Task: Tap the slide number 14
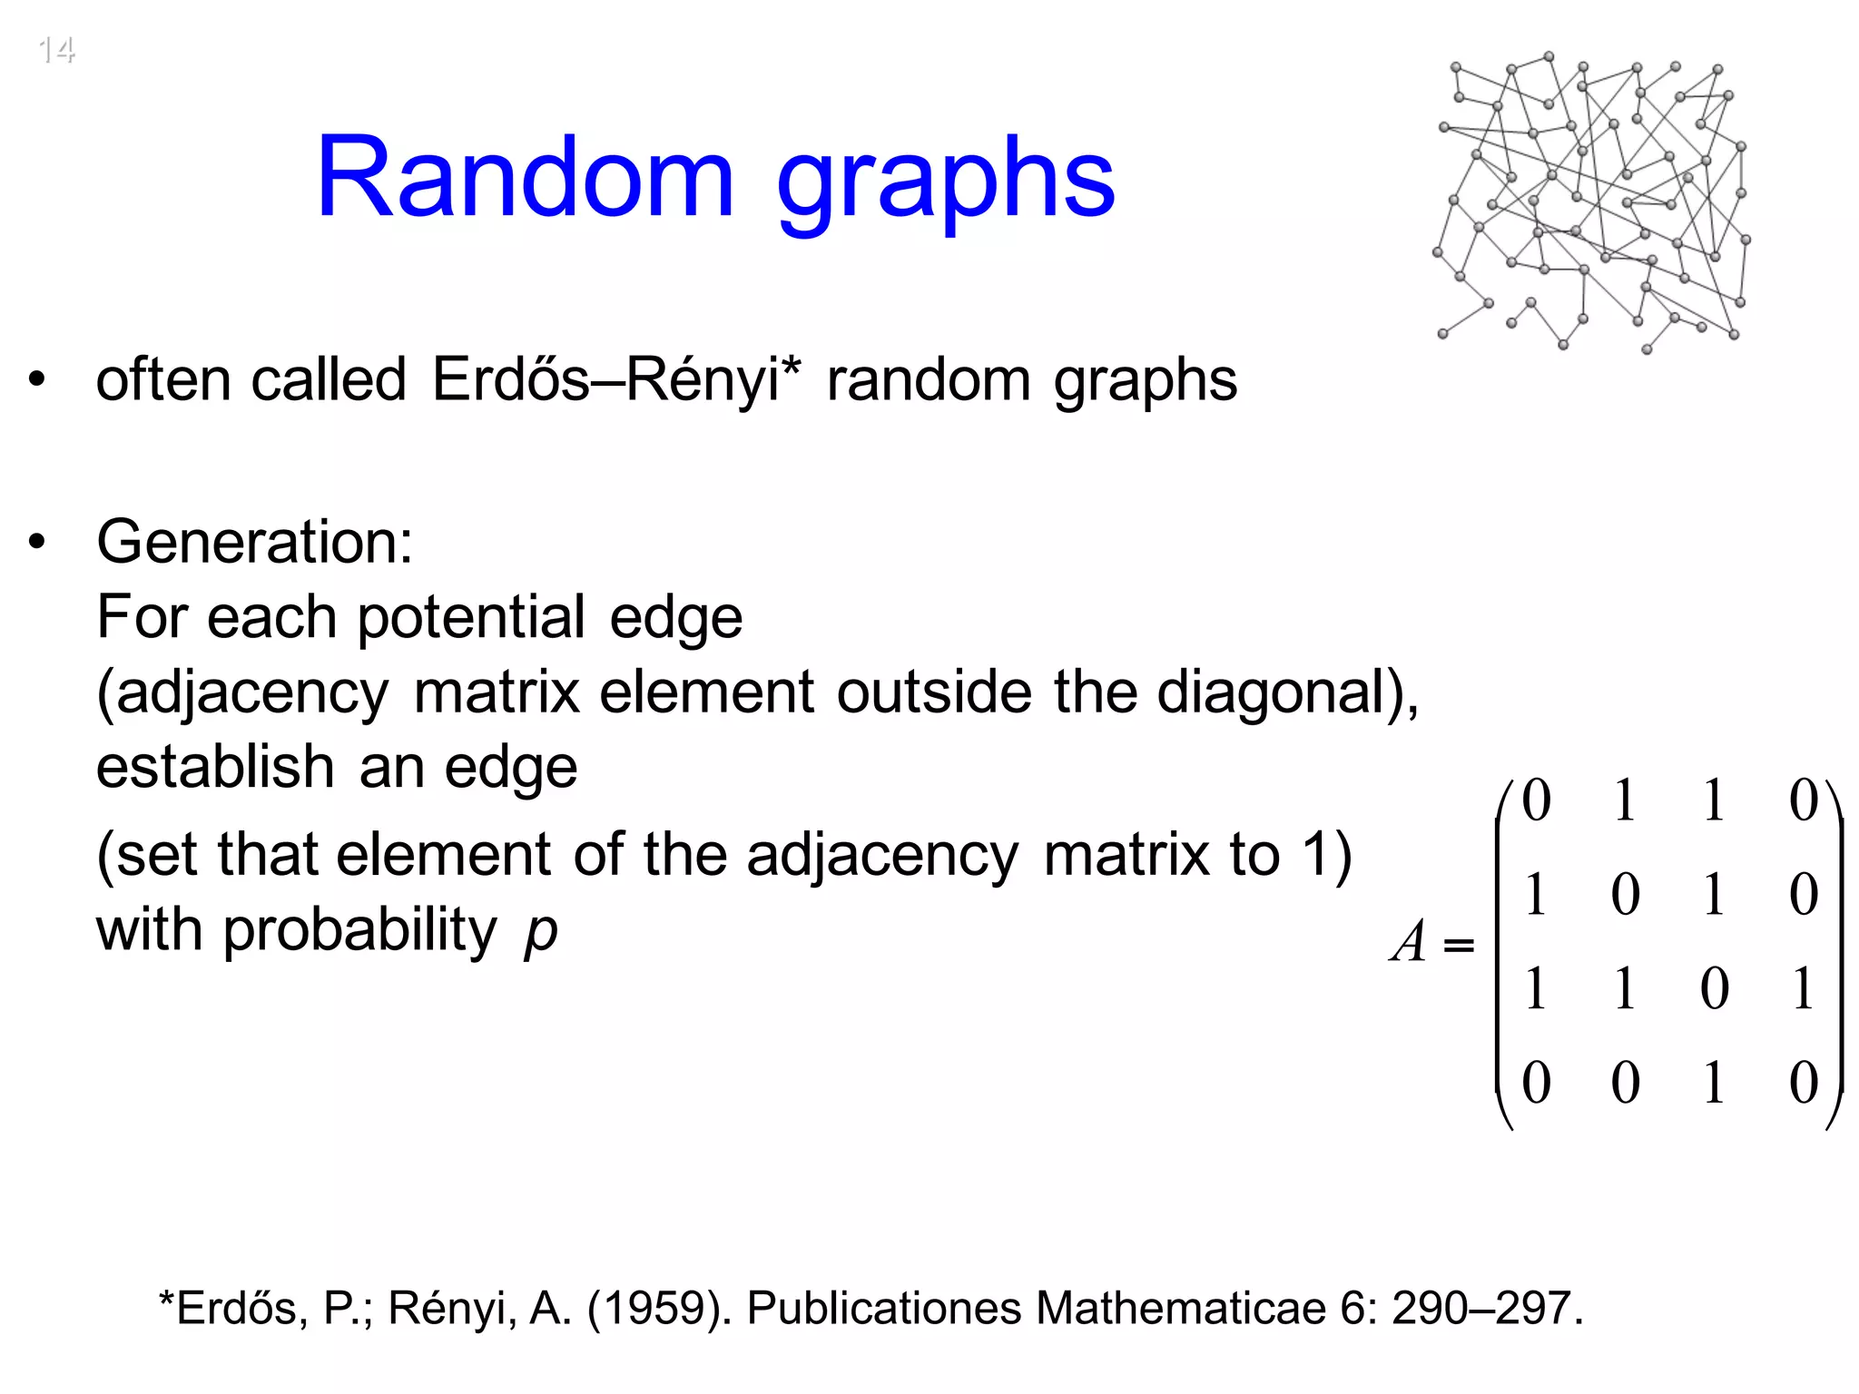[x=56, y=50]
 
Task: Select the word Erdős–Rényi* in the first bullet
[x=616, y=379]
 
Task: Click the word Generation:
[x=255, y=542]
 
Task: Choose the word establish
[x=215, y=767]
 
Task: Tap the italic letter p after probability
[x=541, y=932]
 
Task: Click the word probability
[x=359, y=932]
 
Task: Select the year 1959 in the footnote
[x=660, y=1309]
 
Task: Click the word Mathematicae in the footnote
[x=1181, y=1309]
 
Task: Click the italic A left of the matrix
[x=1410, y=941]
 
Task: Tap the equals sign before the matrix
[x=1458, y=946]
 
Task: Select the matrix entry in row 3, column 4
[x=1803, y=987]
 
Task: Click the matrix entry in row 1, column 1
[x=1536, y=800]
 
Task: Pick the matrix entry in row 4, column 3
[x=1714, y=1083]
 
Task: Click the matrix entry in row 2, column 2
[x=1625, y=895]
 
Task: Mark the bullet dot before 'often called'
[x=36, y=379]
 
